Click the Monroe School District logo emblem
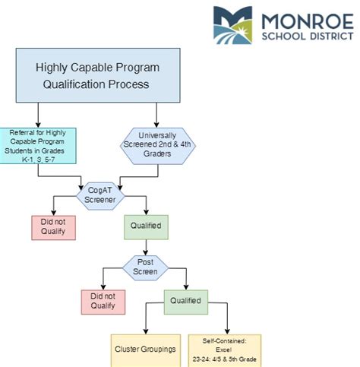click(x=232, y=25)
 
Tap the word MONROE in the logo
click(x=308, y=21)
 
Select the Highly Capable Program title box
click(x=98, y=75)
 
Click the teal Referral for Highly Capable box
click(x=38, y=146)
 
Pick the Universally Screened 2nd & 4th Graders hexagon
click(x=158, y=146)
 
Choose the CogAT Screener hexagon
click(x=100, y=196)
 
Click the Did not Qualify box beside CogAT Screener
click(x=53, y=228)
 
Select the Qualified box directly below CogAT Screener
click(x=146, y=227)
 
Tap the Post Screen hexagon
click(x=145, y=267)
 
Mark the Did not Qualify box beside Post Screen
click(x=103, y=302)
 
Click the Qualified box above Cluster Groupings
click(x=186, y=302)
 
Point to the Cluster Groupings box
click(x=146, y=350)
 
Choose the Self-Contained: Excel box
click(x=225, y=350)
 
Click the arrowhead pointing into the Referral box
click(x=38, y=125)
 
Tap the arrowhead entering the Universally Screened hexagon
click(x=156, y=125)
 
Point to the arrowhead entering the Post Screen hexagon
click(x=146, y=253)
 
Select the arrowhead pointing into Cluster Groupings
click(x=146, y=331)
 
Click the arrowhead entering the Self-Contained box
click(x=227, y=331)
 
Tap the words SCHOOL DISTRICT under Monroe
click(x=308, y=36)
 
